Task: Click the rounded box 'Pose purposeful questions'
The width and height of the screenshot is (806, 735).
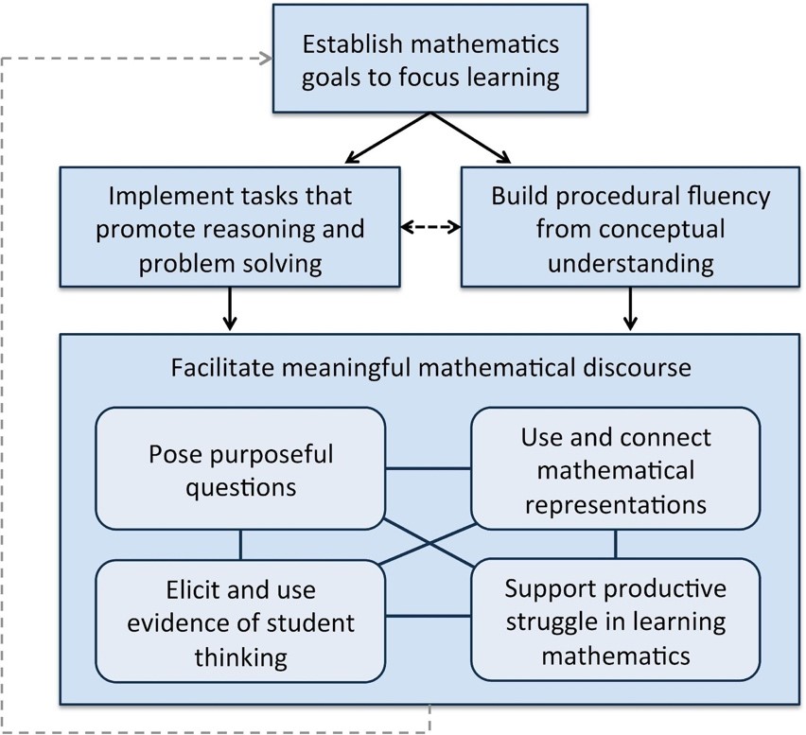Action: pos(240,469)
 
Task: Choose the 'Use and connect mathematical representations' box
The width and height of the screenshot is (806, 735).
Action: pos(615,467)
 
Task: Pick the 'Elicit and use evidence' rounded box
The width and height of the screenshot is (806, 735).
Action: pos(240,621)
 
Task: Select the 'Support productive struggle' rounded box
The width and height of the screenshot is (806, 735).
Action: pos(615,621)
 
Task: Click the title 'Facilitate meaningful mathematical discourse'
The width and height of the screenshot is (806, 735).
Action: pos(430,367)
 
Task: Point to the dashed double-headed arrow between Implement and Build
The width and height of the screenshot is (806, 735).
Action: pos(430,228)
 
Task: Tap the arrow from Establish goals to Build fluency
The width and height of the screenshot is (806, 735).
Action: pos(473,138)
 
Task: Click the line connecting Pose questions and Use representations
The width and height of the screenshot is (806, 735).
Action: pos(428,467)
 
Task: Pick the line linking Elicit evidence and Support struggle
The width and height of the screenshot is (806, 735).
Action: pos(428,618)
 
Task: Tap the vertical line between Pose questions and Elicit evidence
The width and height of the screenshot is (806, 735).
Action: pos(240,544)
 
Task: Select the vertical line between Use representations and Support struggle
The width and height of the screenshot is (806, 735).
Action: pos(615,544)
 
